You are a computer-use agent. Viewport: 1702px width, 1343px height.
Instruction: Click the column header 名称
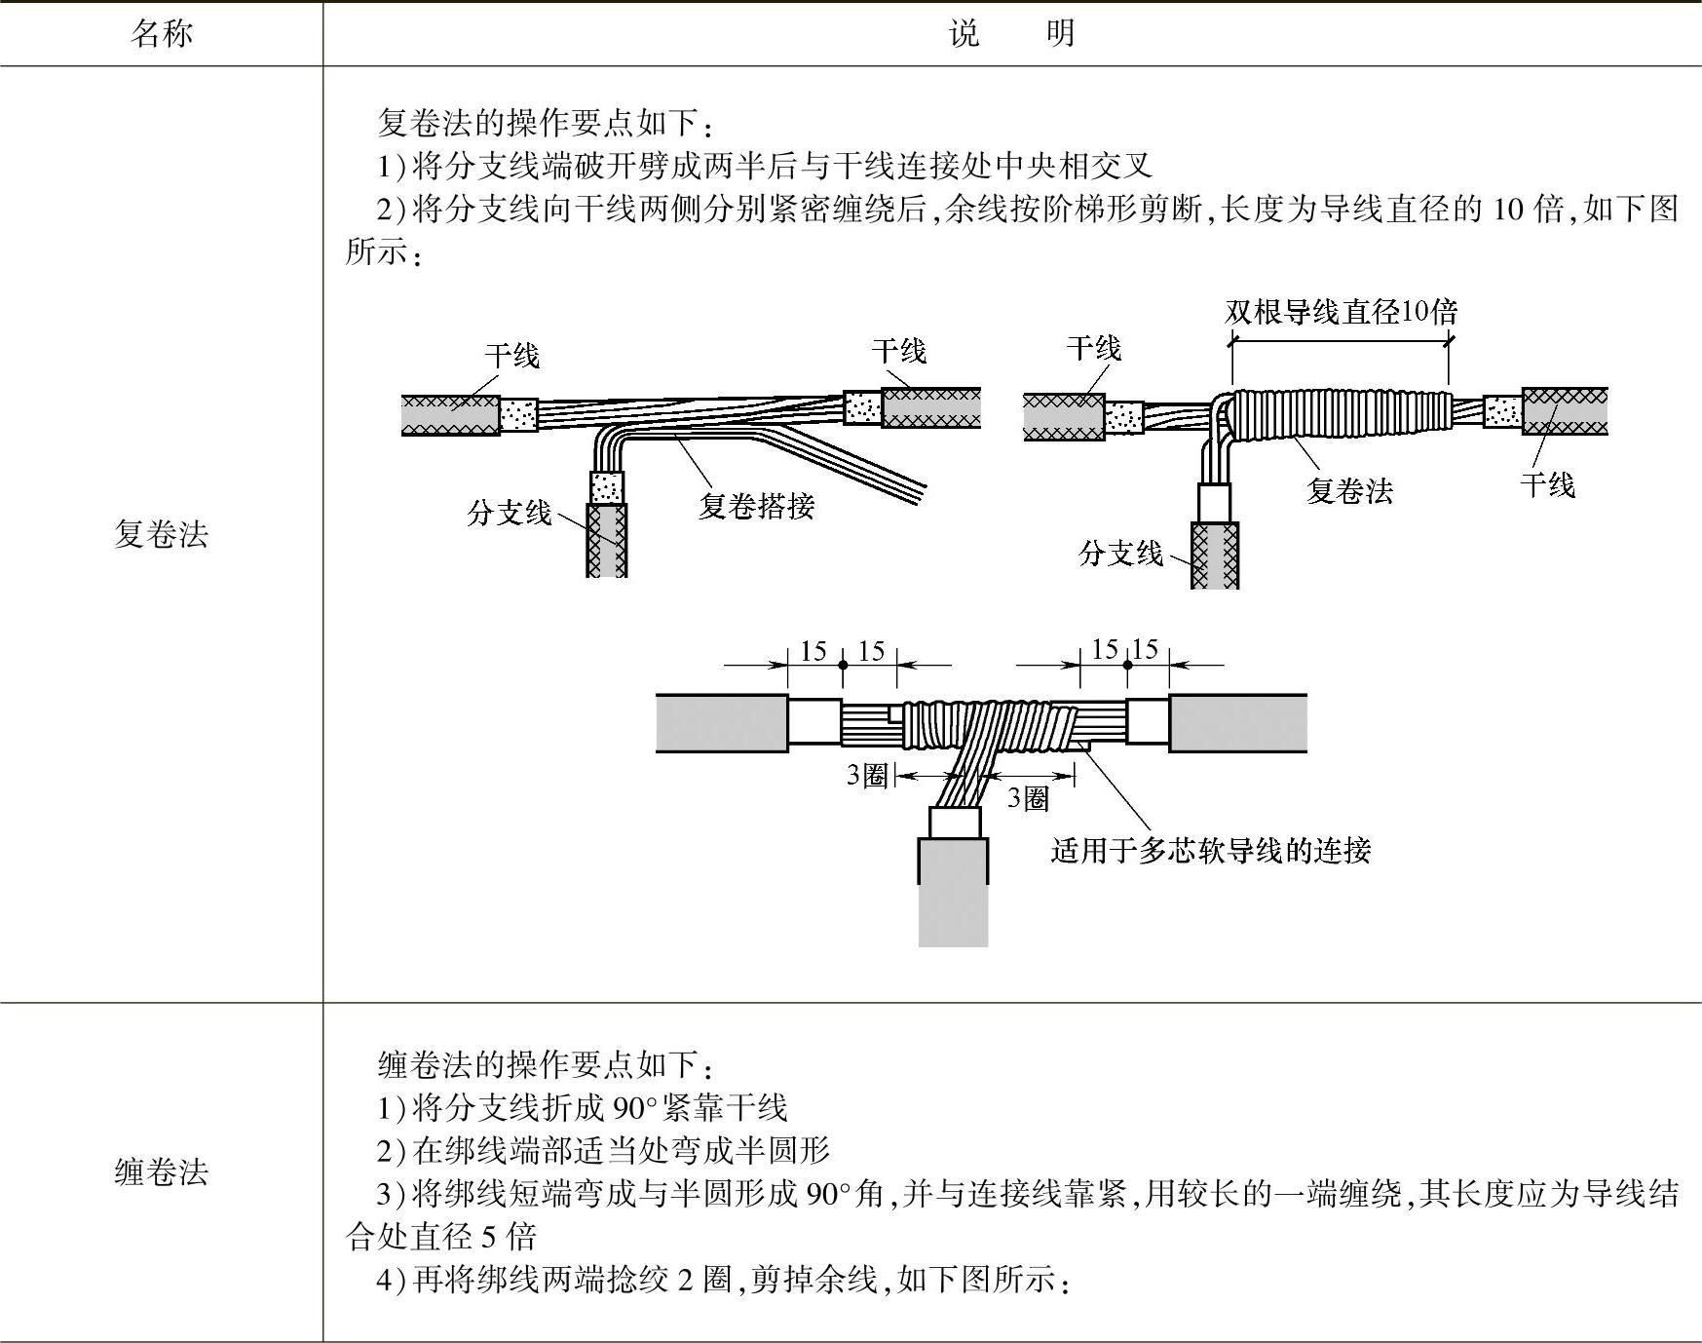coord(161,34)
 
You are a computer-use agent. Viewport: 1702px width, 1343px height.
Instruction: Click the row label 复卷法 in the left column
coord(161,534)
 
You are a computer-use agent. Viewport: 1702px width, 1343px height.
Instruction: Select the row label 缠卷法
coord(161,1171)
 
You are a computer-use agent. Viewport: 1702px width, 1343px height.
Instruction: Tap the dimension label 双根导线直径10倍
coord(1341,312)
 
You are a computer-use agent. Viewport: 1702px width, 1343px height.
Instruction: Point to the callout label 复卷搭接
coord(756,506)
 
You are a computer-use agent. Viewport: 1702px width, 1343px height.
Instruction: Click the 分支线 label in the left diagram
coord(509,513)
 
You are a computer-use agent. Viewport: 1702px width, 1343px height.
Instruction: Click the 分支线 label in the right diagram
coord(1120,554)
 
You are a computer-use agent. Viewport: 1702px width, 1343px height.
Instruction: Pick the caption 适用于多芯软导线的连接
coord(1210,851)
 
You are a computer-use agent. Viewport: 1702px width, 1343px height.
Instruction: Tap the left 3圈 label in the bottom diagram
coord(866,776)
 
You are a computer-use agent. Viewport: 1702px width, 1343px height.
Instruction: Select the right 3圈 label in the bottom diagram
coord(1028,799)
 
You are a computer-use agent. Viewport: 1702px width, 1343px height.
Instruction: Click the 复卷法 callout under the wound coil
coord(1349,490)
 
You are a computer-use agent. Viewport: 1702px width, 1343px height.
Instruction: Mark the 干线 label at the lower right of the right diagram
coord(1547,484)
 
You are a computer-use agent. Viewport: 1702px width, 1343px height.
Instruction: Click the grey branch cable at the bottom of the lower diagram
coord(953,892)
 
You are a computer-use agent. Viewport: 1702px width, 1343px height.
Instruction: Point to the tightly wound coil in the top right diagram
coord(1340,414)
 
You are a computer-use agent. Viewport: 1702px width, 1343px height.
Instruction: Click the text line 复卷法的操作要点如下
coord(546,123)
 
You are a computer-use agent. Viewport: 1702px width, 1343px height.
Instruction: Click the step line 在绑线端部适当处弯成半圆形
coord(604,1150)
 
